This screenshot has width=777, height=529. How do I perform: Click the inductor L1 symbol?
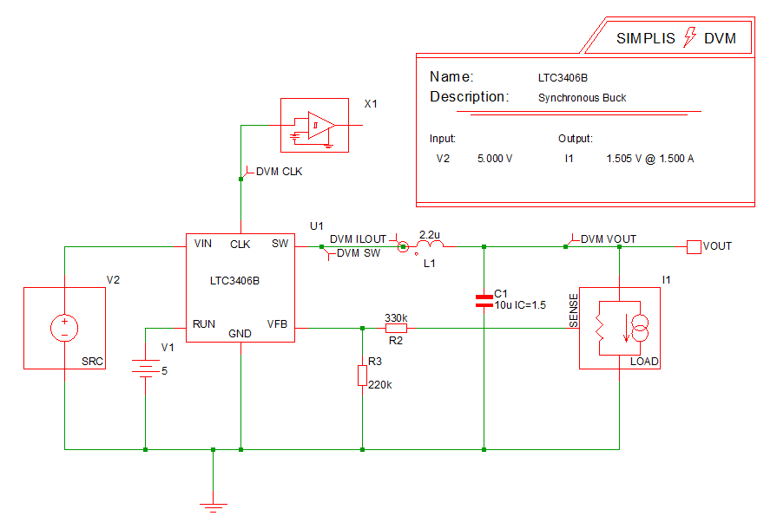click(x=430, y=248)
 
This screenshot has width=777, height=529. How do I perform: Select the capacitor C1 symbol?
click(x=484, y=301)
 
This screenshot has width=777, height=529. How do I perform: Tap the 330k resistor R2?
click(x=396, y=329)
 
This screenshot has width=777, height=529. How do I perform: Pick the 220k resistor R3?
click(x=362, y=376)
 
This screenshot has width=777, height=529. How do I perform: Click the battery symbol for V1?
click(x=145, y=369)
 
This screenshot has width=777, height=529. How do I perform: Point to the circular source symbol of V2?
click(x=64, y=328)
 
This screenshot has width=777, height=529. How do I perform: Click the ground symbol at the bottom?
click(x=213, y=506)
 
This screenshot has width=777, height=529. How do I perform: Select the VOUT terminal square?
click(x=694, y=247)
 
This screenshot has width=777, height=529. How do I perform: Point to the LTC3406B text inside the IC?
click(x=234, y=281)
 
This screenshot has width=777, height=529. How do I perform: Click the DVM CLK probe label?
click(x=279, y=172)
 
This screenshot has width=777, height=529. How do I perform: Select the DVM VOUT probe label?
click(x=608, y=239)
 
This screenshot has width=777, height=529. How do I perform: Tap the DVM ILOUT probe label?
click(x=358, y=239)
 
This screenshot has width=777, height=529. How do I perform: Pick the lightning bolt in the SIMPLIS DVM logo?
click(x=691, y=37)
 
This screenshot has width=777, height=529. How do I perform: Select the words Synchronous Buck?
click(x=583, y=98)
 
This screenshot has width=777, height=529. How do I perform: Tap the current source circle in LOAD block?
click(x=638, y=328)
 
